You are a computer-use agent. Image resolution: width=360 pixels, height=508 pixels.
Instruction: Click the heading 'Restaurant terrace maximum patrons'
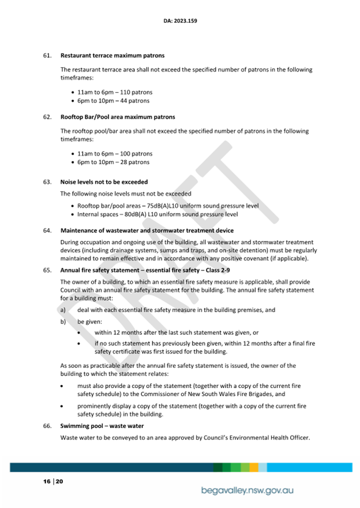pos(112,55)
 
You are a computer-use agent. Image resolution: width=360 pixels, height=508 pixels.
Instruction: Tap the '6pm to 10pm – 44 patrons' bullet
pos(113,101)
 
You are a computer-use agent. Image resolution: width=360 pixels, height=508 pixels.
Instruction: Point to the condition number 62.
pos(47,117)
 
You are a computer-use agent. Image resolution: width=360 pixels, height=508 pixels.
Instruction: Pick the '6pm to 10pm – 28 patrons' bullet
pos(113,162)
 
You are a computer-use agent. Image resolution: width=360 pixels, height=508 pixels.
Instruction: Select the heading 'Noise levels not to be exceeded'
pos(104,182)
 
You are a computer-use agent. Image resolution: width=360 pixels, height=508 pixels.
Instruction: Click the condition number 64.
pos(47,231)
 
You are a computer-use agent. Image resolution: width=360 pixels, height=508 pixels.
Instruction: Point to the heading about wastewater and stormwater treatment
pos(147,231)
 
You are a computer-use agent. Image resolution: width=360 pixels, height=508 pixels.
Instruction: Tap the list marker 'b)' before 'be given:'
pos(63,322)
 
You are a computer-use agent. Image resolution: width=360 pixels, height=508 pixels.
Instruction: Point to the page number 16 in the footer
pos(46,481)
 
